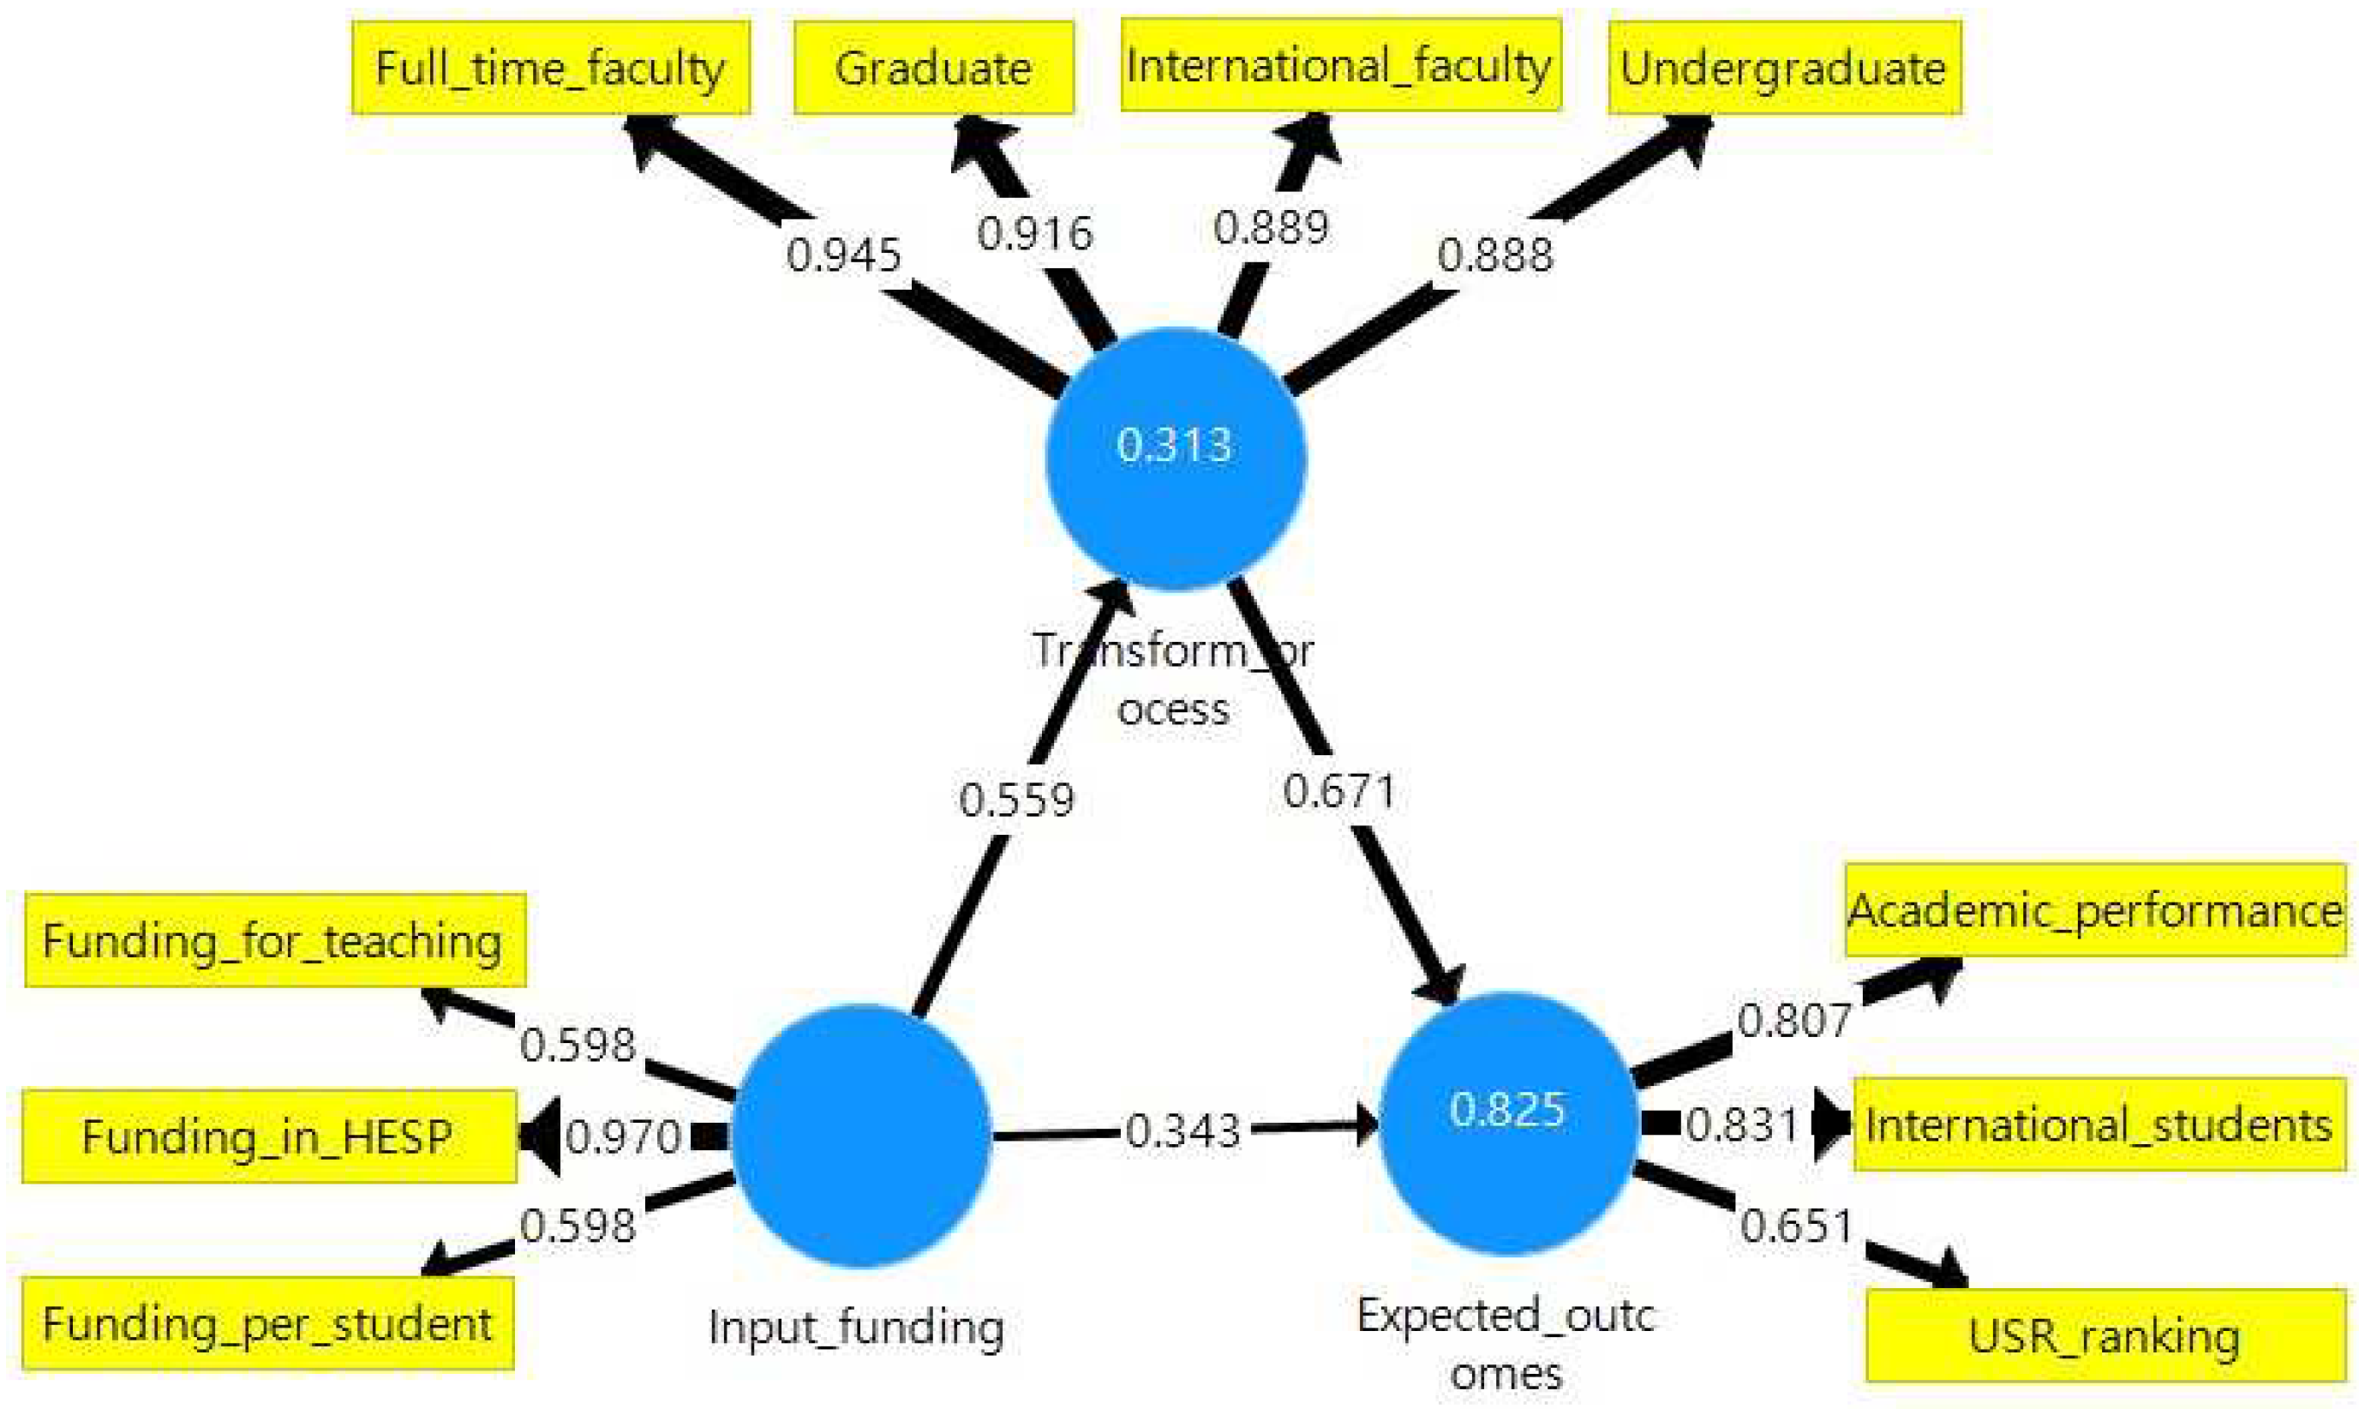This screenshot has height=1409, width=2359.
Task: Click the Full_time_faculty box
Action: pos(551,69)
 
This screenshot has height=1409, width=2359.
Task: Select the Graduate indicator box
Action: pos(933,69)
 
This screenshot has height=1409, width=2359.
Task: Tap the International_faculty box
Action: pos(1339,65)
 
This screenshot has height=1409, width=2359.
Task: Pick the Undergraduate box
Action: pos(1784,69)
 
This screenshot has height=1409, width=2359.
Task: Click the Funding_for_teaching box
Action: pos(274,941)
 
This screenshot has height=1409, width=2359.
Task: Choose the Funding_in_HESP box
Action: pos(269,1136)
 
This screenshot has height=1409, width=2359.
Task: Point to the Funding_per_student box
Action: pos(267,1323)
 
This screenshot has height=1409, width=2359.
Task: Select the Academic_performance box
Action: pos(2095,910)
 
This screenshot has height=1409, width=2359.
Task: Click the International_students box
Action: pos(2099,1125)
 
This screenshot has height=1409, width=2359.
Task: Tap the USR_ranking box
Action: pos(2105,1336)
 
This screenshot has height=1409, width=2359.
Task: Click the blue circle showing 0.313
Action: pos(1176,459)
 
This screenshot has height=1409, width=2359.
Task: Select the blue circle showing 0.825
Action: pos(1507,1124)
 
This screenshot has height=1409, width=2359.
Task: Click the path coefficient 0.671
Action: pos(1339,791)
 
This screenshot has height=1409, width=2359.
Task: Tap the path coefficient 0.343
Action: pos(1182,1130)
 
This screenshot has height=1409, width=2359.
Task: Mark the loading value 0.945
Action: pos(844,255)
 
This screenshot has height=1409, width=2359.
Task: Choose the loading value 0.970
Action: pos(624,1136)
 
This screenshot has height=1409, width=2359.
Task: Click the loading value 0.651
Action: pos(1796,1226)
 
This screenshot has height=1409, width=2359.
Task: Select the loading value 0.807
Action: pos(1794,1021)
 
